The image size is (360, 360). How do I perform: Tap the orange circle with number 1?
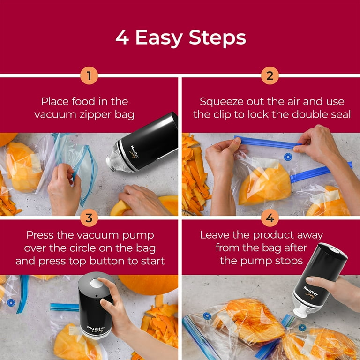89,76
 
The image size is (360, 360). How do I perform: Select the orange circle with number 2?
270,76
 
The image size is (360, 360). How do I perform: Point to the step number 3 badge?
89,217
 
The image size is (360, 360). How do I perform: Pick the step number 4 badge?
270,217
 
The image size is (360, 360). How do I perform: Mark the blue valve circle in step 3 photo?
11,303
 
